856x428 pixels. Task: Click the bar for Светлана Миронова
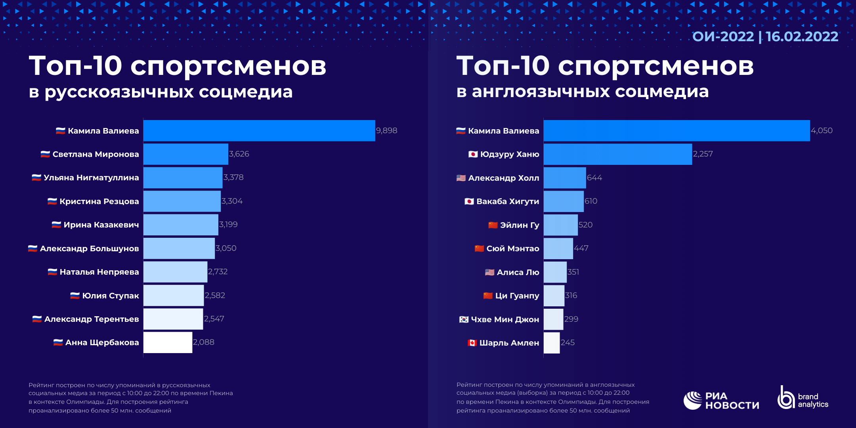coord(185,154)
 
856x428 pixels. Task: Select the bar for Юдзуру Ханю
coord(617,154)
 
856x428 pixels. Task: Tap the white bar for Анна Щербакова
coord(168,342)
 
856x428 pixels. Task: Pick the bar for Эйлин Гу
coord(560,225)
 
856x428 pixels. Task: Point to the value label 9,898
coord(386,130)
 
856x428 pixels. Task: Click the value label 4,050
coord(822,130)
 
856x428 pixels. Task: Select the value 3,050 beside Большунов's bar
coord(226,248)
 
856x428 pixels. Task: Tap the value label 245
coord(567,342)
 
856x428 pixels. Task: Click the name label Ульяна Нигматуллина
coord(91,178)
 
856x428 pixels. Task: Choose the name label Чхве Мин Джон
coord(505,319)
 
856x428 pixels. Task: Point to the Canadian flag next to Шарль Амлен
coord(472,343)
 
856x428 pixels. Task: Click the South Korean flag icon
coord(464,319)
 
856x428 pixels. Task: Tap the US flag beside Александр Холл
coord(461,178)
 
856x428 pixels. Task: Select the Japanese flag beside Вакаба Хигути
coord(469,201)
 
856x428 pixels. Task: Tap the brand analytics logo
coord(803,398)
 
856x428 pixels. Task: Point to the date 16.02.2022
coord(802,36)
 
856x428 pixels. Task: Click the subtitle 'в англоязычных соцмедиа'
coord(583,92)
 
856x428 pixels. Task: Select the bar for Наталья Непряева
coord(175,272)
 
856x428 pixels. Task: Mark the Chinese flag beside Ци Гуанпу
coord(488,296)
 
